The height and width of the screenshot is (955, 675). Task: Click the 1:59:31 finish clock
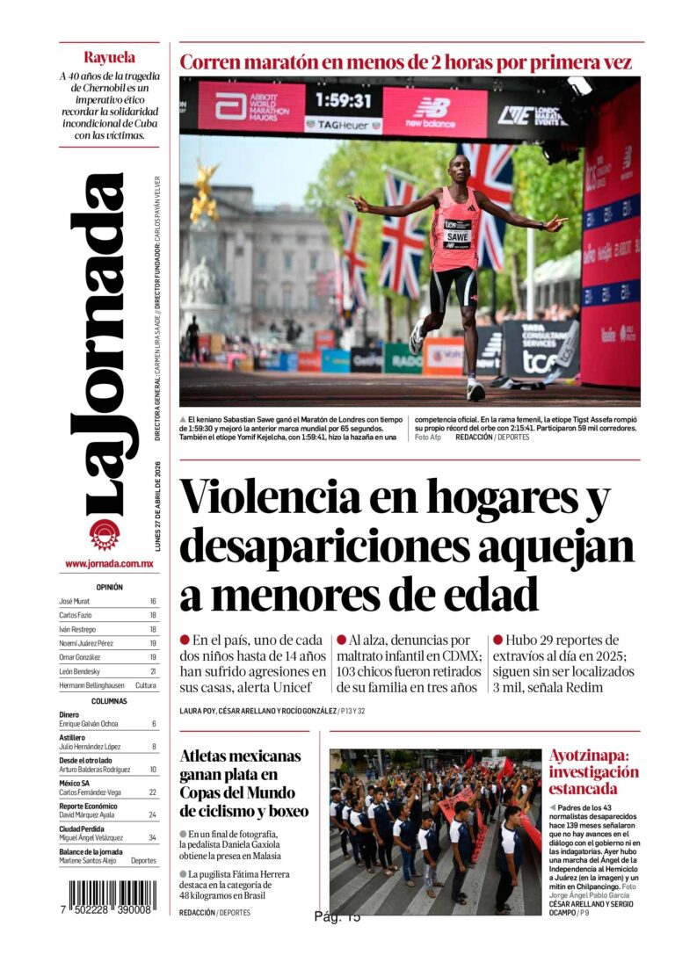[x=343, y=100]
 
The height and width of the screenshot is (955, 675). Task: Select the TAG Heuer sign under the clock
[x=343, y=125]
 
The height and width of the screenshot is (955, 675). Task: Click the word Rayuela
[x=109, y=58]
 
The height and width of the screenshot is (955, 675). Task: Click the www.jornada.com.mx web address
[x=109, y=564]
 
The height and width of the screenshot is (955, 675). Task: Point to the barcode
[x=112, y=900]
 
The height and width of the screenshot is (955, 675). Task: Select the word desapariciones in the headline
[x=322, y=546]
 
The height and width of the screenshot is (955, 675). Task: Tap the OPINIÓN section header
[x=109, y=587]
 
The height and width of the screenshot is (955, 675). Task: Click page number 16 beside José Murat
[x=153, y=602]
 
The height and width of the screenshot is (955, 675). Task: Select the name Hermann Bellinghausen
[x=92, y=685]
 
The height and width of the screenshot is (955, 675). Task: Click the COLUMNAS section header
[x=109, y=701]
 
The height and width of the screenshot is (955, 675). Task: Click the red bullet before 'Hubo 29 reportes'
[x=497, y=640]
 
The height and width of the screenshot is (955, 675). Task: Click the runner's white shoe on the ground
[x=475, y=389]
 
